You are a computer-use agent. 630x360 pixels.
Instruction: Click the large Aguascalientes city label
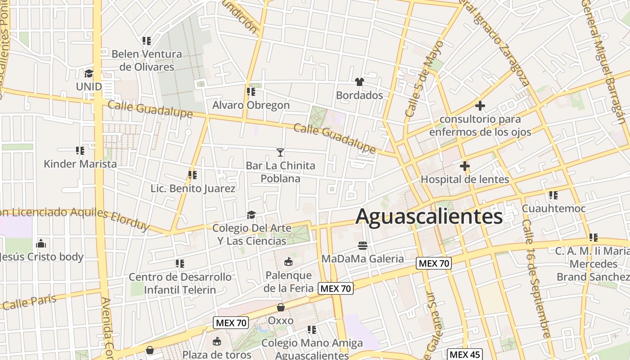point(429,216)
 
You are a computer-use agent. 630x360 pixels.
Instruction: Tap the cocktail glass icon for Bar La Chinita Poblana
point(280,153)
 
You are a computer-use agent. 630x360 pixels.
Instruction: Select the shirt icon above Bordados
point(359,82)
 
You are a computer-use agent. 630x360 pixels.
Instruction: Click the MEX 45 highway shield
point(465,355)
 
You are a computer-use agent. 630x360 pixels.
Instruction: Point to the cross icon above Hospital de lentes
point(465,166)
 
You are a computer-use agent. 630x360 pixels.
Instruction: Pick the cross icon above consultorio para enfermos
point(480,106)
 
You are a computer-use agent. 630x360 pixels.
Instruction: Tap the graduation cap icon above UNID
point(89,73)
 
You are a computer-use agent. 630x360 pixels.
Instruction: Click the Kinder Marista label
point(80,164)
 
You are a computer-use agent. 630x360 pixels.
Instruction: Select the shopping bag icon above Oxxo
point(281,307)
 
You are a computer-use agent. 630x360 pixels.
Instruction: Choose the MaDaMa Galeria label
point(363,259)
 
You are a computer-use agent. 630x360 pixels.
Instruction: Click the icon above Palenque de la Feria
point(288,261)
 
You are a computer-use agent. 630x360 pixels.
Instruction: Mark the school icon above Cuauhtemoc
point(553,195)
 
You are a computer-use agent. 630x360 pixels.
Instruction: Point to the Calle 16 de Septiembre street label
point(536,279)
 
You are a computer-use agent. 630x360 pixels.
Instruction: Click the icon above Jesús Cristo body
point(41,243)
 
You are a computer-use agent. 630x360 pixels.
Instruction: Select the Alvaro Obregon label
point(251,105)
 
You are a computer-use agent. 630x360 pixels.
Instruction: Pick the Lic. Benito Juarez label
point(193,189)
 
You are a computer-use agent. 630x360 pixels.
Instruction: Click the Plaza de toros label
point(217,355)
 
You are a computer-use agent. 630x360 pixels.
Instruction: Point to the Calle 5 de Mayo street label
point(424,79)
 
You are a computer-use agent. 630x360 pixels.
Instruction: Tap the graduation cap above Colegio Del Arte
point(251,215)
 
